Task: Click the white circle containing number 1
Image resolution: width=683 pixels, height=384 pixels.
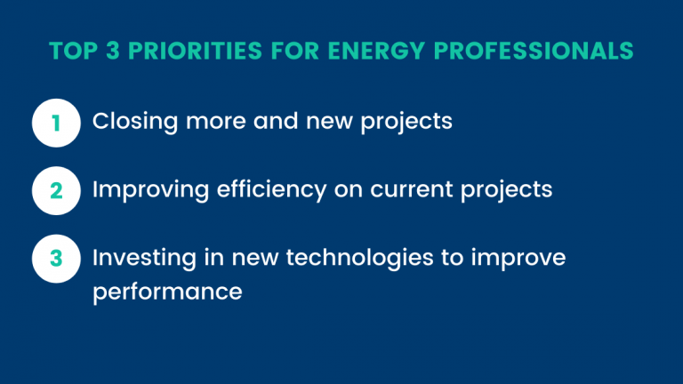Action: point(56,123)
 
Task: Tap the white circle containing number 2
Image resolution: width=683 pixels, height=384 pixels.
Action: point(56,191)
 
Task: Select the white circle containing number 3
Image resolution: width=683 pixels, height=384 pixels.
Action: point(56,259)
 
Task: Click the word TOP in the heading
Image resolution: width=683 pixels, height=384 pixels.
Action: point(74,51)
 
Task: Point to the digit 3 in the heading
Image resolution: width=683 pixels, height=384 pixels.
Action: point(112,51)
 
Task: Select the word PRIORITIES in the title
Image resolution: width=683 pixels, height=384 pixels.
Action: point(195,51)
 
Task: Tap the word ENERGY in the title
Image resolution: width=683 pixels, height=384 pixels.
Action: point(376,51)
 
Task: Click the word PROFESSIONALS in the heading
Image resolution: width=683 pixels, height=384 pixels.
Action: point(534,51)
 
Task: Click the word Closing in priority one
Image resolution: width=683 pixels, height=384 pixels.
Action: point(135,122)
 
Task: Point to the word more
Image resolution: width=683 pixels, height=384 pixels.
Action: point(216,122)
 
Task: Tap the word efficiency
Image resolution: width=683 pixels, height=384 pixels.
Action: point(271,190)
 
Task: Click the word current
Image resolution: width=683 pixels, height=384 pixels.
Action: point(412,190)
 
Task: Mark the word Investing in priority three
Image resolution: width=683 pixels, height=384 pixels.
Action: point(145,258)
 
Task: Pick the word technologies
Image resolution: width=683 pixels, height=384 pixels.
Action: point(360,258)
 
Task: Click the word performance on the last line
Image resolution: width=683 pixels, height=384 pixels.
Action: point(168,292)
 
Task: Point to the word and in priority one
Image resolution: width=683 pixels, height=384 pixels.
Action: point(277,121)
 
